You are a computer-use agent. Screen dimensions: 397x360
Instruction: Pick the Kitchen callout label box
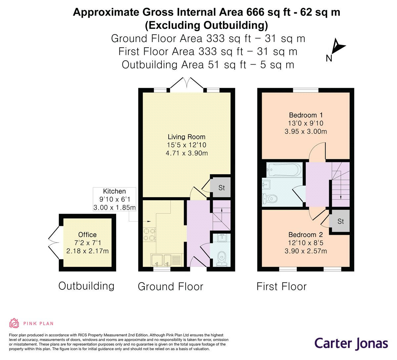click(x=114, y=199)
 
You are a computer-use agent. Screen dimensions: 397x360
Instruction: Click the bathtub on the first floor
click(x=284, y=170)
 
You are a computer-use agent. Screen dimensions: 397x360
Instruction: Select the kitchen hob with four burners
click(x=150, y=234)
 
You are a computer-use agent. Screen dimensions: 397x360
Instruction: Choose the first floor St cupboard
click(x=340, y=221)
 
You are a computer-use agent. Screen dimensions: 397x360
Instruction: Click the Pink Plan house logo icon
click(x=14, y=324)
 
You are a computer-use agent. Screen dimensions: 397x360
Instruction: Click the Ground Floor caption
click(x=171, y=286)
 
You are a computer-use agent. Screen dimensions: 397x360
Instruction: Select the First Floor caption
click(x=282, y=286)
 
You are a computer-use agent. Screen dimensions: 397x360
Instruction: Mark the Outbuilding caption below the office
click(x=86, y=286)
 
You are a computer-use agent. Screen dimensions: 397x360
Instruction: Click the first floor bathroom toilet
click(x=270, y=198)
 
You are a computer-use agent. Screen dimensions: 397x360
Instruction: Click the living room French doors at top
click(x=187, y=83)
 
